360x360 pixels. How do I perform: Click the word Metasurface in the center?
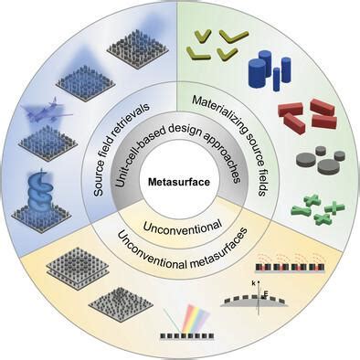[x=179, y=182]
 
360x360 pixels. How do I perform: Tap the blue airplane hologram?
[x=48, y=111]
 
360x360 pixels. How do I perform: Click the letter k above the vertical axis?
[x=254, y=283]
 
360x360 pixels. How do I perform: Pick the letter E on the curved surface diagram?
[x=266, y=293]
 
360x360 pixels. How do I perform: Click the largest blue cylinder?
[x=258, y=73]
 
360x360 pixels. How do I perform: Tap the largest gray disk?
[x=328, y=164]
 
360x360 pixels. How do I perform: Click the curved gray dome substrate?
[x=254, y=302]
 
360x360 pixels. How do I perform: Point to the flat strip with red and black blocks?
[x=290, y=268]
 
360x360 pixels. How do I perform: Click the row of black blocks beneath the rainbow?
[x=187, y=336]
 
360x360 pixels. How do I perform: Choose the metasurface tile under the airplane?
[x=48, y=143]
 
